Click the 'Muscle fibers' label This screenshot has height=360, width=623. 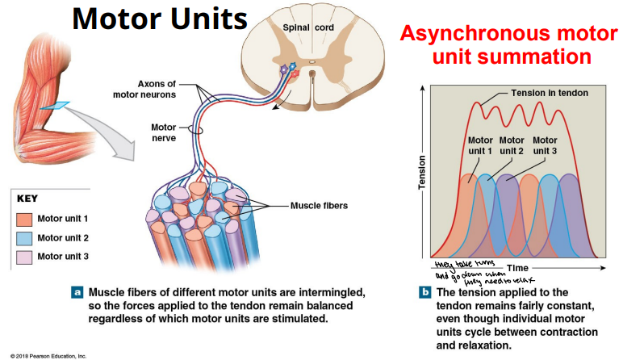coord(319,206)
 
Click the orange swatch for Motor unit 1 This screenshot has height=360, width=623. coord(24,219)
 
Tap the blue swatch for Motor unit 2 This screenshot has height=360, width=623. coord(24,238)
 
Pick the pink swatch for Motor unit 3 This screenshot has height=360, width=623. coord(24,257)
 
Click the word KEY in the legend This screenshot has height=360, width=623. coord(27,199)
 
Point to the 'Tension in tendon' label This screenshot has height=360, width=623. coord(549,93)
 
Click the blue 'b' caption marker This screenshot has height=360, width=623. coord(424,292)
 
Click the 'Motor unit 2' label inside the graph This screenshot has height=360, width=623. coord(512,145)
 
